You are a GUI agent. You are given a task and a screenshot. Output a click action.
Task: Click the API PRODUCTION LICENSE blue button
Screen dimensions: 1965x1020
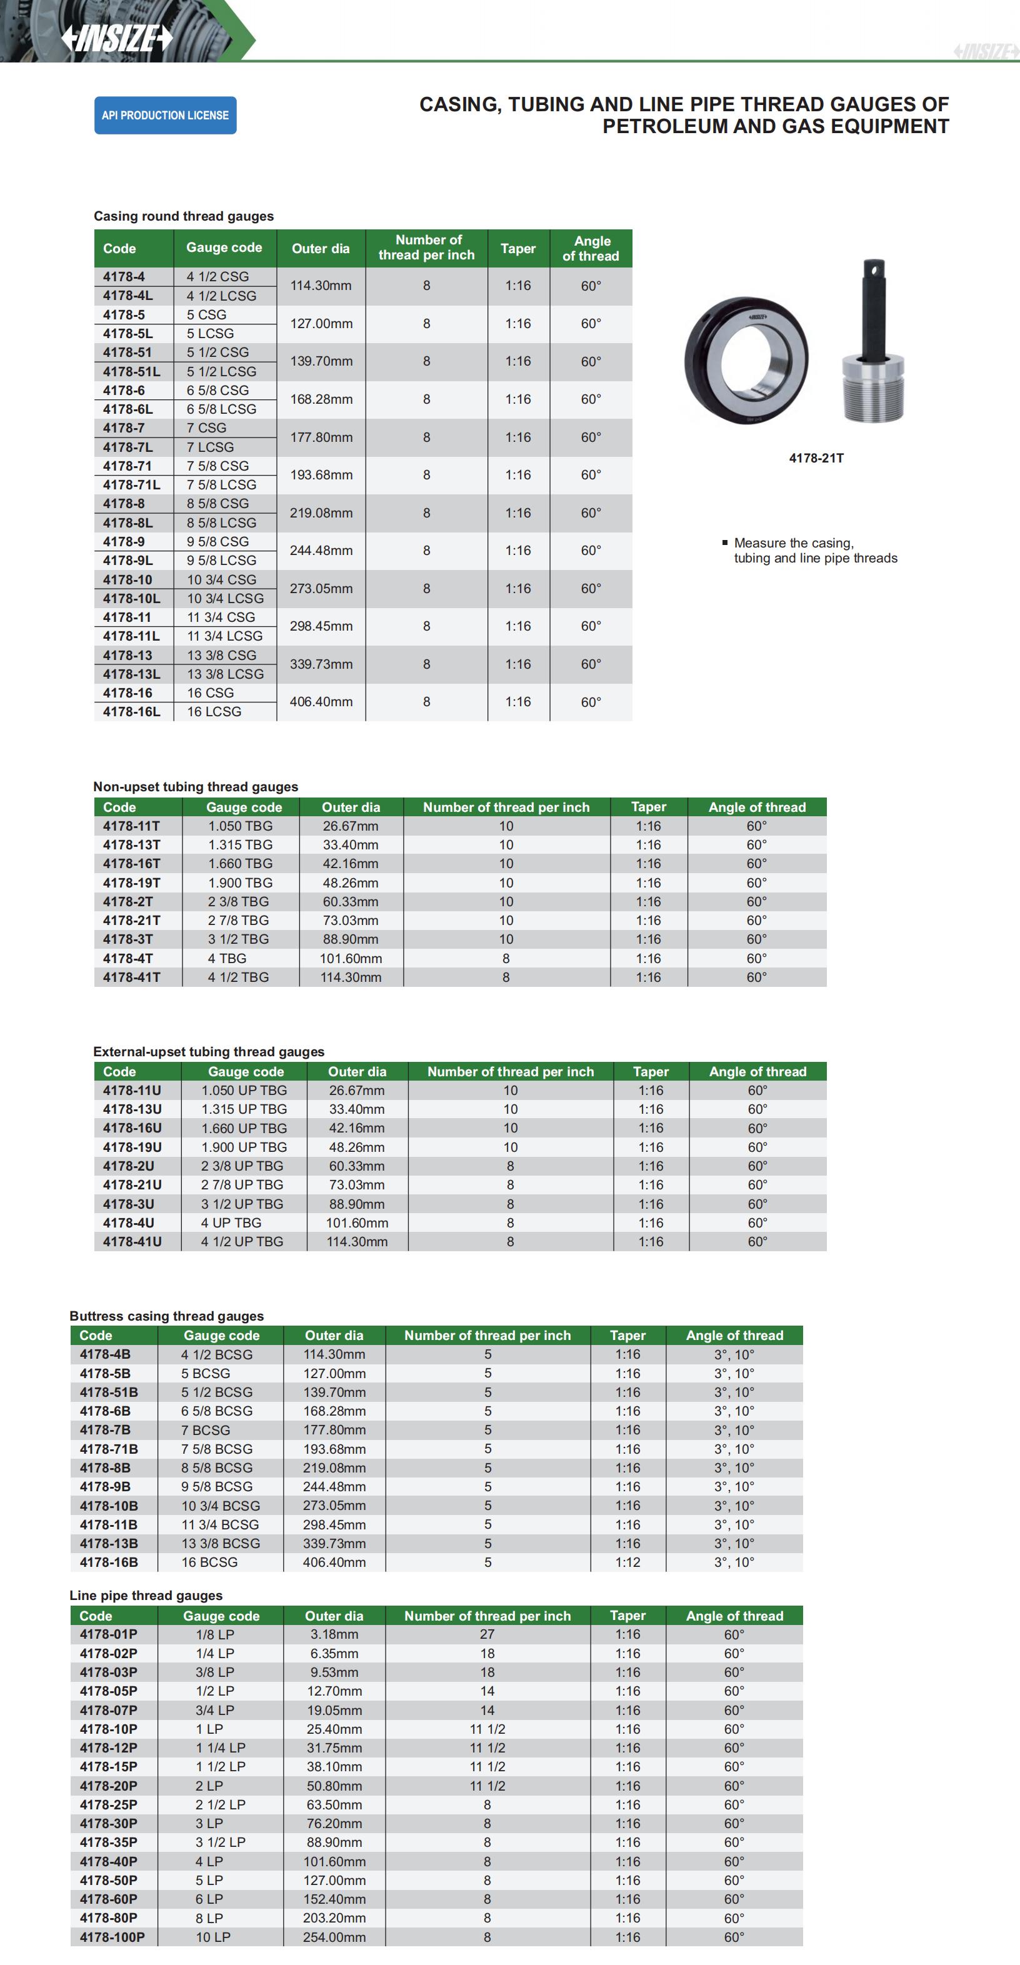click(x=165, y=115)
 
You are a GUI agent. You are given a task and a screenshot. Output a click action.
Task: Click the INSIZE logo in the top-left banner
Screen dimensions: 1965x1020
click(x=117, y=37)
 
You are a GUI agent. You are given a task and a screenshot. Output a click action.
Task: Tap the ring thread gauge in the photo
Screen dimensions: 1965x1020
click(x=746, y=359)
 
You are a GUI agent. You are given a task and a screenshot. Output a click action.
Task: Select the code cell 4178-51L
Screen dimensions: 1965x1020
click(x=131, y=371)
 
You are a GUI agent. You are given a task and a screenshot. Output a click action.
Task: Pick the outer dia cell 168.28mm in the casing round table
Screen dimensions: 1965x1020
click(x=321, y=399)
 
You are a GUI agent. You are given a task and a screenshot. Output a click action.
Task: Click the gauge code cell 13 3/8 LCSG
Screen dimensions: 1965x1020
click(x=225, y=674)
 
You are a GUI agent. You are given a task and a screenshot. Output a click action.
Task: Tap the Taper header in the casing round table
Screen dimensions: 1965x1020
click(x=518, y=249)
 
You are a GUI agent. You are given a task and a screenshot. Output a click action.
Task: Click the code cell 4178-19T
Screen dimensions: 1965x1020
click(x=131, y=882)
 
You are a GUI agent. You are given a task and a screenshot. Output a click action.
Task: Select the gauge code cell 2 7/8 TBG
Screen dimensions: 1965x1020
click(x=238, y=920)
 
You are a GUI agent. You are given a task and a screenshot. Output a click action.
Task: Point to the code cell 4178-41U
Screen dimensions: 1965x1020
click(x=132, y=1241)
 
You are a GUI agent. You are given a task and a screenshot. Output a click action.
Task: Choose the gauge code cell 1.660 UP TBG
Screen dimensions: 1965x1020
click(x=244, y=1127)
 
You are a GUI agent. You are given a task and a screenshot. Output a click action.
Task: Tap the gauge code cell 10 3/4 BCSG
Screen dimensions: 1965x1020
click(x=221, y=1505)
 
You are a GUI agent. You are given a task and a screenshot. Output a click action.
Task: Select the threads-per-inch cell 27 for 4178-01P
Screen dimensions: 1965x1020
click(x=487, y=1634)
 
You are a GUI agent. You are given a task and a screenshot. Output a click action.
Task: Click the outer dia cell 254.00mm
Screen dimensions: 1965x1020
click(x=334, y=1936)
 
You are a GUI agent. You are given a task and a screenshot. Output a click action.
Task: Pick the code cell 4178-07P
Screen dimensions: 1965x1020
click(x=108, y=1709)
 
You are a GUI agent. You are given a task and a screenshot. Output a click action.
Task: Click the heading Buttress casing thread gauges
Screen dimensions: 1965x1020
click(x=166, y=1315)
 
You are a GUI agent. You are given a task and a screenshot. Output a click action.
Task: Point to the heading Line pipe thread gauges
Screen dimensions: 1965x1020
click(x=146, y=1595)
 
